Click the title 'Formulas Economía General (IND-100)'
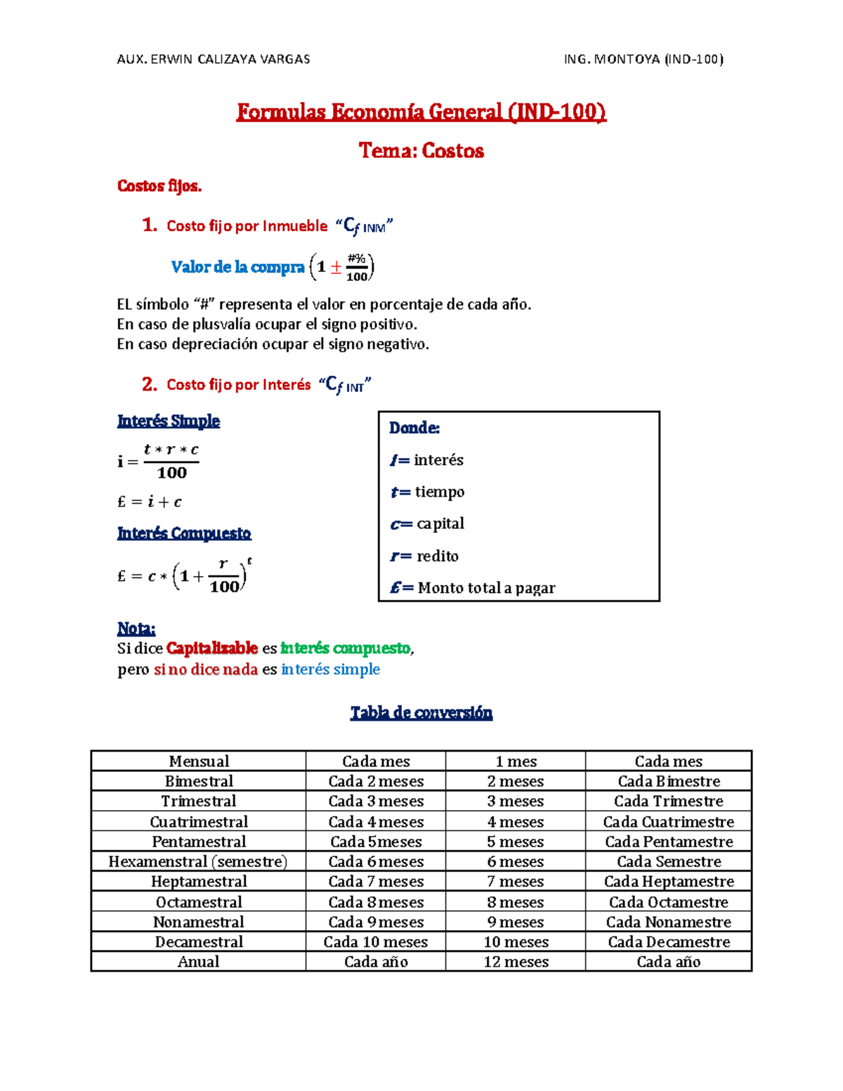pos(421,112)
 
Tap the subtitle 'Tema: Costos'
pos(421,150)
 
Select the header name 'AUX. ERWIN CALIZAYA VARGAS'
pos(214,60)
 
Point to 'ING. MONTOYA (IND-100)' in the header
pos(643,60)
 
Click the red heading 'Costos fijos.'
pos(159,186)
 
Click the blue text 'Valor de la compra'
pos(237,267)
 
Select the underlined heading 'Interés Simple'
pos(169,421)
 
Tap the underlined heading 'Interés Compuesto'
pos(184,533)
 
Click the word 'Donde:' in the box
pos(414,428)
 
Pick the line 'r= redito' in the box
pos(424,556)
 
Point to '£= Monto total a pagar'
pos(473,587)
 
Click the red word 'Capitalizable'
pos(212,648)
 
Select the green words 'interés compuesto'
pos(345,648)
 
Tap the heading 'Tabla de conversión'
pos(421,712)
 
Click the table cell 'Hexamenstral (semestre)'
pos(198,861)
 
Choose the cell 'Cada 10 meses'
pos(375,941)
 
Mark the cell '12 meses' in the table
pos(516,962)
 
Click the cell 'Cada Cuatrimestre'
pos(668,821)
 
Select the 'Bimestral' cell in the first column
pos(199,781)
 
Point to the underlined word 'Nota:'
pos(136,628)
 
